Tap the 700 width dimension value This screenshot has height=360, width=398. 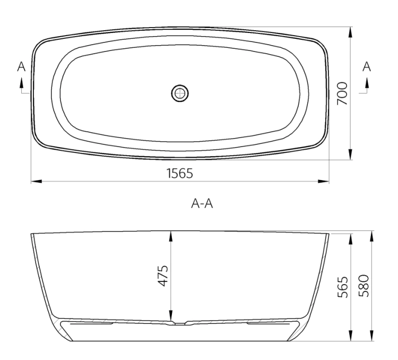[x=342, y=93]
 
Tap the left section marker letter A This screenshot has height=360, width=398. [x=21, y=66]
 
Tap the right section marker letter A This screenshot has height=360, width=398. [x=366, y=66]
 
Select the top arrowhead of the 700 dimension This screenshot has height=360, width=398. [x=351, y=30]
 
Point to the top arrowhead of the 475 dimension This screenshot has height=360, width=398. [x=171, y=236]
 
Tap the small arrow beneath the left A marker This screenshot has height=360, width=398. [x=21, y=83]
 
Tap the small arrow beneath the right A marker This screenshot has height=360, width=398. [x=366, y=83]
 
